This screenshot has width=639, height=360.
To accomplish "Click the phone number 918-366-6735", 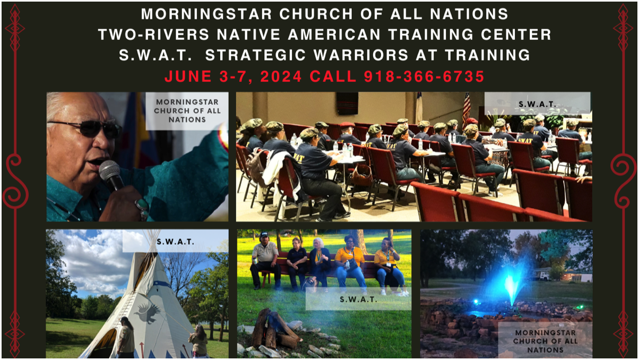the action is [424, 76].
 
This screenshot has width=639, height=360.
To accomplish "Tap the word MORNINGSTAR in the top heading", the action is [206, 14].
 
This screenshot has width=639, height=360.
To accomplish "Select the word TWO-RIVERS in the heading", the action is [154, 35].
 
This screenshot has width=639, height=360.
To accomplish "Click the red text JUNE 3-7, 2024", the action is [233, 77].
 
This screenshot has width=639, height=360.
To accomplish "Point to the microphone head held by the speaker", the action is [109, 170].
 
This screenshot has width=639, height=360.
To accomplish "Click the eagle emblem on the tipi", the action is [148, 313].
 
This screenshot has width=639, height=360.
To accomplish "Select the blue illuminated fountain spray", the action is [510, 282].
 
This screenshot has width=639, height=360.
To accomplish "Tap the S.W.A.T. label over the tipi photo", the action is [176, 242].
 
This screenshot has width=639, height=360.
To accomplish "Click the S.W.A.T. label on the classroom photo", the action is [538, 105].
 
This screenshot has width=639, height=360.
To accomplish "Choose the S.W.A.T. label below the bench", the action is [359, 299].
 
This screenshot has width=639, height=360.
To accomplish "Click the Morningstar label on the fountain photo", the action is [545, 341].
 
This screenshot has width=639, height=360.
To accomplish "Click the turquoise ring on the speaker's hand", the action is [142, 204].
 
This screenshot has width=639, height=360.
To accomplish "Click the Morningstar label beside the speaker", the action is [187, 111].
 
